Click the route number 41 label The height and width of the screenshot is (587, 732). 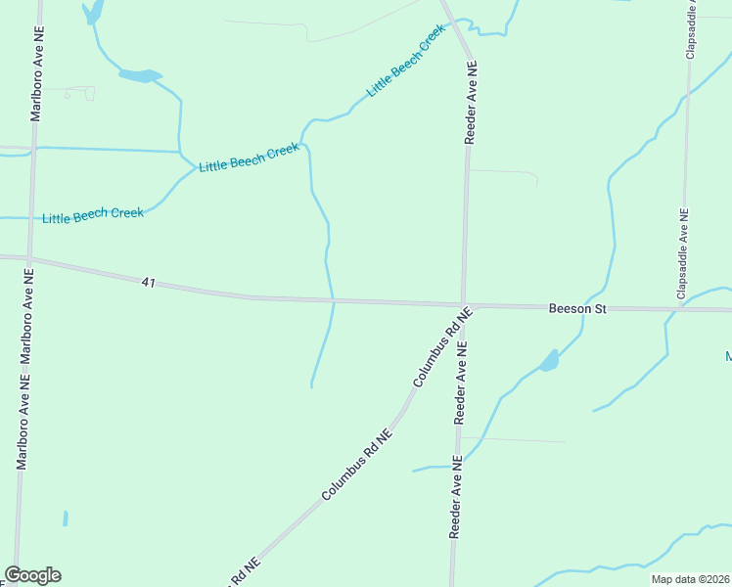coord(149,282)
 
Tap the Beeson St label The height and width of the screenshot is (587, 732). coord(577,308)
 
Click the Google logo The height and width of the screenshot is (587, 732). coord(32,575)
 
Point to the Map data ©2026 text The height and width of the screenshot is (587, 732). coord(690,579)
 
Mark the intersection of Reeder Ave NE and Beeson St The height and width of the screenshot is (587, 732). coord(464,305)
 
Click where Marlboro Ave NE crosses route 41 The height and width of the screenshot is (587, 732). coord(29,259)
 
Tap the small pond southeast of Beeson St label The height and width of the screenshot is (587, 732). coord(550,362)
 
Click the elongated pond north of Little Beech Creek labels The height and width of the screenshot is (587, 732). coord(139,75)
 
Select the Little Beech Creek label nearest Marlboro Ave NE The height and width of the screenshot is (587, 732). coord(93,214)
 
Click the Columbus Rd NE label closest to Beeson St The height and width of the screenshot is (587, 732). coord(443,345)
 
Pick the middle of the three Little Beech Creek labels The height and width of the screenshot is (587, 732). coord(249,158)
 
